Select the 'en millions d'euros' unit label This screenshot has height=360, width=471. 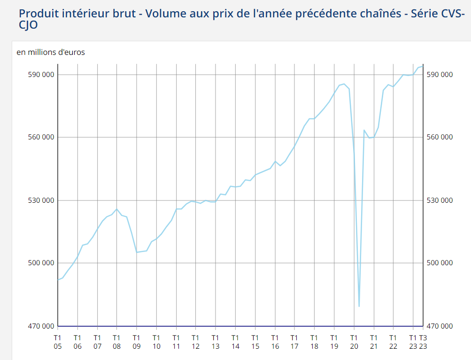click(51, 52)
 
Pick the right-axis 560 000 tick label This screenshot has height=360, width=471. click(440, 137)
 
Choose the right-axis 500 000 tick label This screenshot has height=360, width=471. click(440, 263)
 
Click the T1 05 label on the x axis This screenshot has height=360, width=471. click(58, 342)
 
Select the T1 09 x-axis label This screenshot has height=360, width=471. click(137, 342)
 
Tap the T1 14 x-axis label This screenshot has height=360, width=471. click(235, 342)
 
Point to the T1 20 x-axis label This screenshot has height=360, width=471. click(354, 342)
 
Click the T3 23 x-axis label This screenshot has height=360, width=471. click(423, 342)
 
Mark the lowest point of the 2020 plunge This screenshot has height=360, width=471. click(359, 306)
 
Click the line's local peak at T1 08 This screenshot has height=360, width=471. click(117, 209)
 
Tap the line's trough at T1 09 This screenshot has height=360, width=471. click(137, 253)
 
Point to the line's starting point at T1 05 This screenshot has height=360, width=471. click(58, 280)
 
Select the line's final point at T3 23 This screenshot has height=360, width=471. click(423, 66)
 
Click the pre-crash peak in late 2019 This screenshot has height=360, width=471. click(344, 84)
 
